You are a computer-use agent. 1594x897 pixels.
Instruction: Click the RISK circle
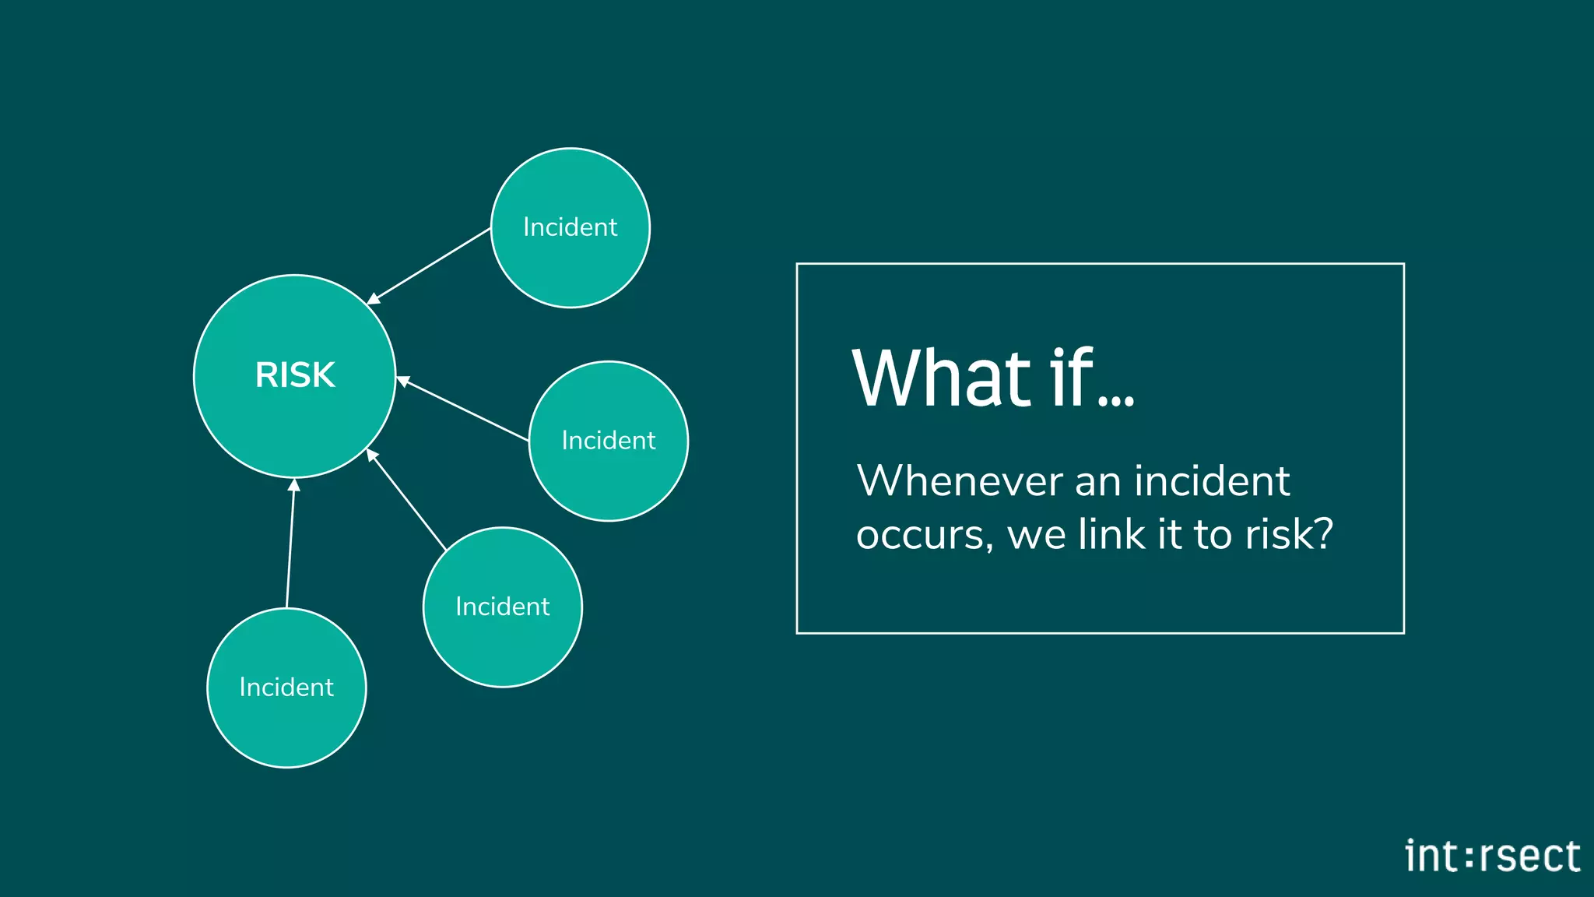point(294,375)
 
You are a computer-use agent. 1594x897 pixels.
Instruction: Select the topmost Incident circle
point(571,227)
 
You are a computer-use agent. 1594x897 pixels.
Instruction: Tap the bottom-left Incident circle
point(286,688)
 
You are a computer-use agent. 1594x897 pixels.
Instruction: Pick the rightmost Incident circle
point(609,441)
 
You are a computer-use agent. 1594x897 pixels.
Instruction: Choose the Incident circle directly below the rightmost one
point(503,607)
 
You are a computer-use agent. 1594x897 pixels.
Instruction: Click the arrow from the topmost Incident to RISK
point(428,266)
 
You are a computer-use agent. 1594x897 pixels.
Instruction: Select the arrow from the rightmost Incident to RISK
point(464,410)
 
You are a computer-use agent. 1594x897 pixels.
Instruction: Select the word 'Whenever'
point(959,480)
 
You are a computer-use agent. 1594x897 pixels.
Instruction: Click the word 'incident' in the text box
point(1212,480)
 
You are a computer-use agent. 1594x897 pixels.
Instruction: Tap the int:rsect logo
point(1492,856)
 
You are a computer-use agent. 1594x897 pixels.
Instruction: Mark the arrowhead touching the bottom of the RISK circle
point(293,485)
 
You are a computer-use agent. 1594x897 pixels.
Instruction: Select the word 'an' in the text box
point(1098,482)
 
